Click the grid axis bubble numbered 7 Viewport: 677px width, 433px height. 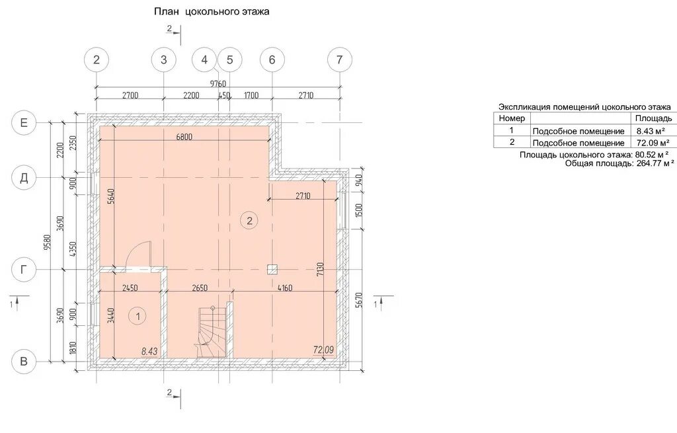(340, 59)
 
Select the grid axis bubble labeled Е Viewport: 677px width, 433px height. (24, 122)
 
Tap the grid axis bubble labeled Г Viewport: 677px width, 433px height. (24, 270)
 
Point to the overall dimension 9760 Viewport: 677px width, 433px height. (218, 83)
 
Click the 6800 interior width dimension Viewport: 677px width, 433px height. (184, 137)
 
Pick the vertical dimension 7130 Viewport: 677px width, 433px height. (320, 269)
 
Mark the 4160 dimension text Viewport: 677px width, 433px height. (284, 288)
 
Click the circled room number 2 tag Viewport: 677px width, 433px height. (249, 221)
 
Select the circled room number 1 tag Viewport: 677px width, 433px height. (138, 317)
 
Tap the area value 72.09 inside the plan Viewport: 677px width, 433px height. (323, 350)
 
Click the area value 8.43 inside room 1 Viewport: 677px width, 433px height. (149, 352)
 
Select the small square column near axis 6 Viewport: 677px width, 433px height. (272, 270)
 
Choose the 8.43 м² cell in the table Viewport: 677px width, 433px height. (651, 131)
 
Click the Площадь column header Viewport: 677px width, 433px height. (653, 118)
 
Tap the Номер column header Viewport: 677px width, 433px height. (512, 118)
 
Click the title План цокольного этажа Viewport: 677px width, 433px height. (212, 12)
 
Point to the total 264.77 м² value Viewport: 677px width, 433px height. (655, 164)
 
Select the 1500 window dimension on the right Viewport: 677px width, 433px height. (360, 211)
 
